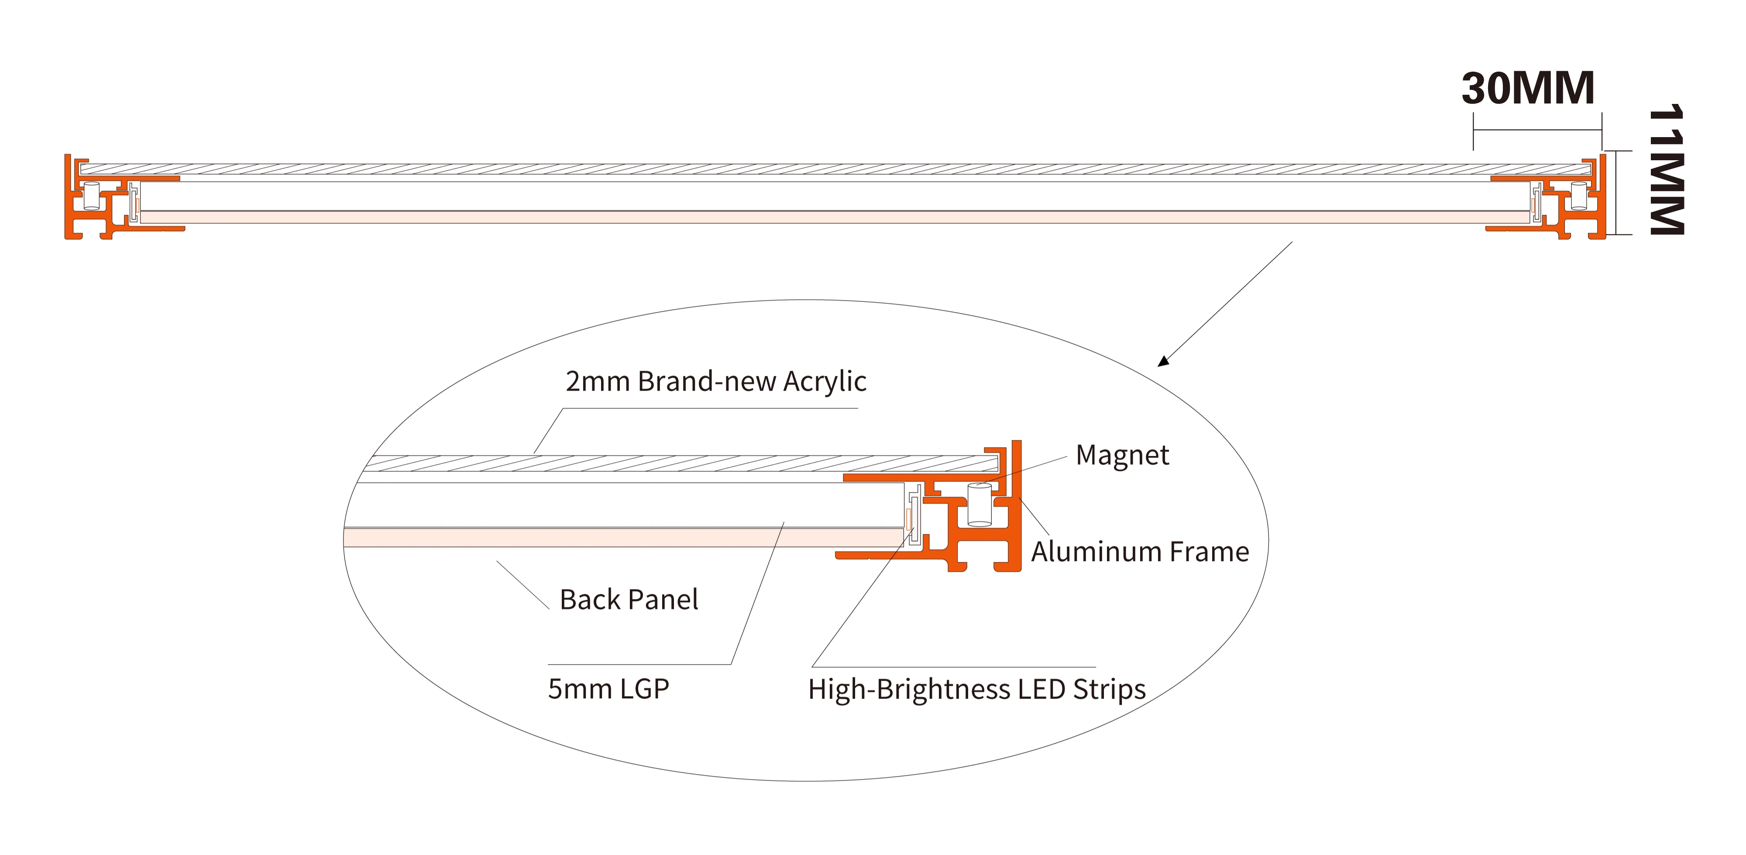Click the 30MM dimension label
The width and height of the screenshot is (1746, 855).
point(1528,89)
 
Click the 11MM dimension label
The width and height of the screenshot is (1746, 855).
point(1666,169)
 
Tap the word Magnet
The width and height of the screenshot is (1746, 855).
point(1122,455)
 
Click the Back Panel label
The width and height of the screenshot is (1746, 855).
point(629,600)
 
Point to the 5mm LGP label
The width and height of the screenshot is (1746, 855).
point(608,689)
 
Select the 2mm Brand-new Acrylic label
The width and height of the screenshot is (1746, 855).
point(716,382)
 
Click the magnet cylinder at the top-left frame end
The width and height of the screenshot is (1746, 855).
point(91,196)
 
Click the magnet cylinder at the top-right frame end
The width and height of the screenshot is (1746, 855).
point(1578,196)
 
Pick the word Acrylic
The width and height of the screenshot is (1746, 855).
point(825,382)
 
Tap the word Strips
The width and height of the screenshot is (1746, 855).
point(1109,690)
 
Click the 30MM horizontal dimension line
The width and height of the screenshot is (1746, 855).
point(1537,130)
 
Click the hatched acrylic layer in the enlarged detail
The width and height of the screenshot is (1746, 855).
point(678,464)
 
